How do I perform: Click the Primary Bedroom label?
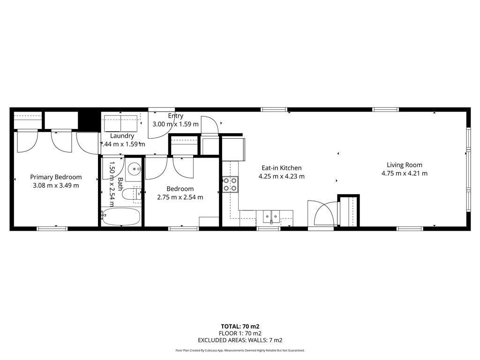[56, 177]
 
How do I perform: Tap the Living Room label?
[405, 165]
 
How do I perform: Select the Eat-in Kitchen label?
[281, 168]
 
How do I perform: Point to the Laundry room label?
[122, 136]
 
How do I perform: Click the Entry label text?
[176, 116]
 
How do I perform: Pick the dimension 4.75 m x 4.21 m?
[405, 173]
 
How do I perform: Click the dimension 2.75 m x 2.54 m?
[180, 197]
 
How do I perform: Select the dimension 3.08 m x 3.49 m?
[56, 185]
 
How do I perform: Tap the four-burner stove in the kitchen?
[230, 184]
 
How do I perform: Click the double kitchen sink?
[270, 217]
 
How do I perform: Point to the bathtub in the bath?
[121, 217]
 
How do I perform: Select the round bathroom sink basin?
[135, 167]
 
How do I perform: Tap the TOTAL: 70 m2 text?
[240, 326]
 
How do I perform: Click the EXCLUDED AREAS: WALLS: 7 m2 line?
[240, 341]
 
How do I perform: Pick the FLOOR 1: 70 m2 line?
[240, 333]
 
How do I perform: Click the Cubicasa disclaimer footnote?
[240, 350]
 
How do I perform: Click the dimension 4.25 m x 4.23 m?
[281, 177]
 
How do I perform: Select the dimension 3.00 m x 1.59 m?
[176, 124]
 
